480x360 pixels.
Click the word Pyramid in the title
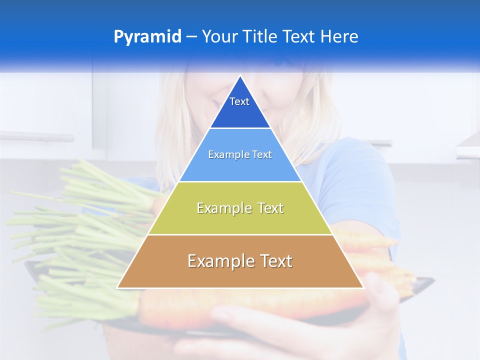(147, 37)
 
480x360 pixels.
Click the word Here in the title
(339, 37)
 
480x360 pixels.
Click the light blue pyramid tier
(240, 167)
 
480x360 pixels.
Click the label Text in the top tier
(239, 101)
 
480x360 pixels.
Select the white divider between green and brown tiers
(240, 234)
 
